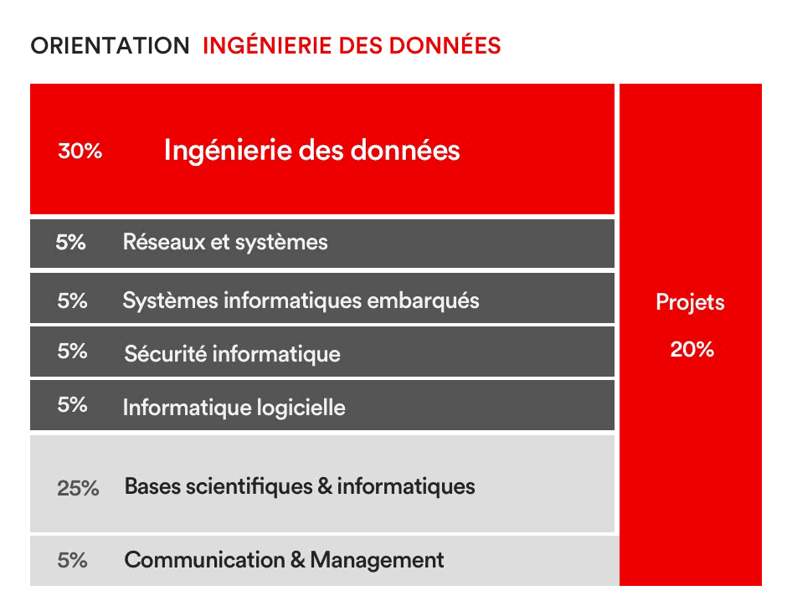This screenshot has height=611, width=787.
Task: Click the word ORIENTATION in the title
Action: [x=110, y=46]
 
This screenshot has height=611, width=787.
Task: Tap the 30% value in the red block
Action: [x=80, y=151]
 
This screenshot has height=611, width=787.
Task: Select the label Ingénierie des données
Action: [x=311, y=151]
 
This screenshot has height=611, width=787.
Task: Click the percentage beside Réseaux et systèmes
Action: [x=71, y=242]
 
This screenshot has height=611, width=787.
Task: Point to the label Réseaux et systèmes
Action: [x=225, y=242]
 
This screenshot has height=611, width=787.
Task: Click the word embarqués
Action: [x=423, y=301]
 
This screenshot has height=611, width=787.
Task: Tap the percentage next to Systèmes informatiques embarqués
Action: [x=72, y=301]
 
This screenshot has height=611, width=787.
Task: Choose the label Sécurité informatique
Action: [x=233, y=354]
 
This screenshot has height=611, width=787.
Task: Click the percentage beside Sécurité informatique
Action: [x=72, y=352]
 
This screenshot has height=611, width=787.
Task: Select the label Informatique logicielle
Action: [x=234, y=408]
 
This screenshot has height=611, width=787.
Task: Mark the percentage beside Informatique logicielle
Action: [x=72, y=405]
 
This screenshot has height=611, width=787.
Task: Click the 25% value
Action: [x=78, y=488]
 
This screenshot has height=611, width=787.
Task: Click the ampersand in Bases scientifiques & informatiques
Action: [x=325, y=486]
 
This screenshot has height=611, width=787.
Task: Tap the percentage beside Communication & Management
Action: [x=72, y=560]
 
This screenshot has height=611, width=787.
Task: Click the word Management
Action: [x=377, y=561]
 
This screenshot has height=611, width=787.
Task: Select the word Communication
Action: [x=204, y=560]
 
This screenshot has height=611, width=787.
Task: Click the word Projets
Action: [x=690, y=303]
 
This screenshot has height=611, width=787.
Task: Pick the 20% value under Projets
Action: [x=692, y=349]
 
